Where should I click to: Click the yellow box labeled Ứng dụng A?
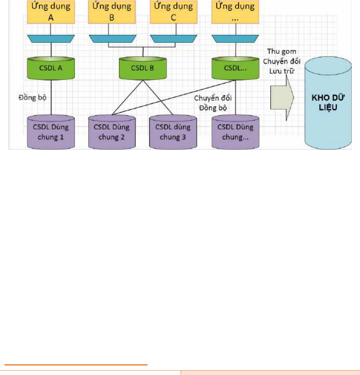pyautogui.click(x=51, y=12)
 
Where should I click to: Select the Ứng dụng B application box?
pyautogui.click(x=112, y=12)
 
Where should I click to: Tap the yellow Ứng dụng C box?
pyautogui.click(x=174, y=12)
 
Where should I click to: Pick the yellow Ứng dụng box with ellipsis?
pyautogui.click(x=235, y=12)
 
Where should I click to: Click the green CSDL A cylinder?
pyautogui.click(x=51, y=68)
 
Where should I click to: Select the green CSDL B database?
pyautogui.click(x=143, y=68)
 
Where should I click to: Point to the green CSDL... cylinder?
pyautogui.click(x=235, y=68)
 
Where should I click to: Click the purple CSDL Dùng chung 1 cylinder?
pyautogui.click(x=51, y=132)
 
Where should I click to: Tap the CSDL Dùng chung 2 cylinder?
pyautogui.click(x=112, y=132)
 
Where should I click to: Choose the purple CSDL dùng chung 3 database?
pyautogui.click(x=173, y=132)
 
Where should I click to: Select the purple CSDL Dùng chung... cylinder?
pyautogui.click(x=235, y=132)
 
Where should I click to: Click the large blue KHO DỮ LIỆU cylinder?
pyautogui.click(x=328, y=103)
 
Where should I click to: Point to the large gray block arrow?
pyautogui.click(x=282, y=98)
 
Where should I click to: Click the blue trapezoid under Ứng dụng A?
pyautogui.click(x=51, y=39)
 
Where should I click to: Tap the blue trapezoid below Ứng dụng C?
pyautogui.click(x=174, y=39)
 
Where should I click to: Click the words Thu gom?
pyautogui.click(x=282, y=51)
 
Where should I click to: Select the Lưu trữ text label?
pyautogui.click(x=282, y=71)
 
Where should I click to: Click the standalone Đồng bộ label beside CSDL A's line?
pyautogui.click(x=33, y=98)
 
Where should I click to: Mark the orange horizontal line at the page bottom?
pyautogui.click(x=76, y=365)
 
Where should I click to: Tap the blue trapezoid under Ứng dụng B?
pyautogui.click(x=112, y=39)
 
